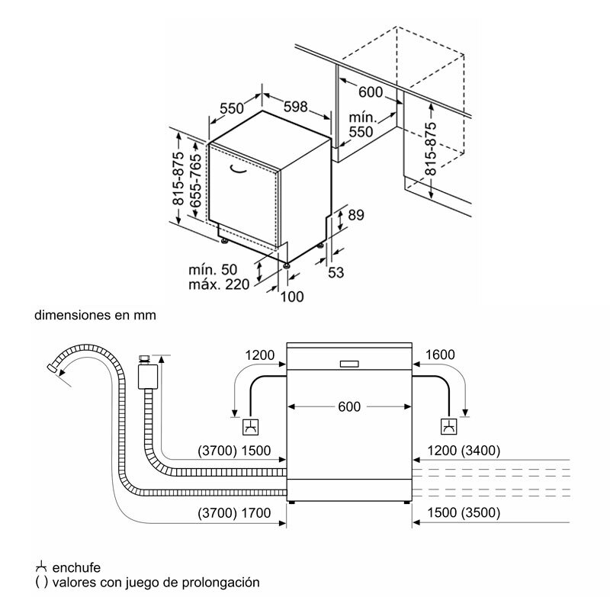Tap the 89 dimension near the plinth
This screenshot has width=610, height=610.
coord(356,216)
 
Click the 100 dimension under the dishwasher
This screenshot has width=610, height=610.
coord(293,297)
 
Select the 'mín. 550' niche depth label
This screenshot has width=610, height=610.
coord(361,125)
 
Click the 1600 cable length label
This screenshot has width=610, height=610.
coord(439,355)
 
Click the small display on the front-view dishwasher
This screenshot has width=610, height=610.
coord(349,364)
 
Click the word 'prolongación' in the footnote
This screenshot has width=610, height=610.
coord(220,583)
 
